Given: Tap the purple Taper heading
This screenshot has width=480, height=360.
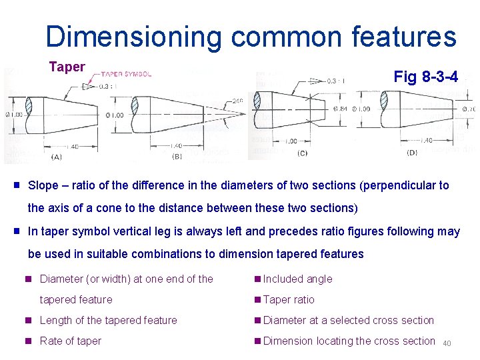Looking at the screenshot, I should (x=67, y=67).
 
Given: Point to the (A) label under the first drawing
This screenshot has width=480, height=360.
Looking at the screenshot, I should (x=57, y=157).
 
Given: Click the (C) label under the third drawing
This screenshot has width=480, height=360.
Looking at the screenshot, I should (x=303, y=153).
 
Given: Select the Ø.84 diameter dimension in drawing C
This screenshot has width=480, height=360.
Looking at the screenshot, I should (x=341, y=109).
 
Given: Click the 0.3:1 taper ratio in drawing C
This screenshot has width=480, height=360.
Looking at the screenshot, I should (x=336, y=81).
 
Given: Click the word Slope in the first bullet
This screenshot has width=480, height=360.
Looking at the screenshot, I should (x=43, y=185).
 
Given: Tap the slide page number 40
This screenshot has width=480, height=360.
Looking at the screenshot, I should (x=447, y=344).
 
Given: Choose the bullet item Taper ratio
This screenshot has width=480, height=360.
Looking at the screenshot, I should (x=289, y=299).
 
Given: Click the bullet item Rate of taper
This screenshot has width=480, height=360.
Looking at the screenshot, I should (x=71, y=341).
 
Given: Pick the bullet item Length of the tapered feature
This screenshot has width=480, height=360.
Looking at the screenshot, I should (x=109, y=320).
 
